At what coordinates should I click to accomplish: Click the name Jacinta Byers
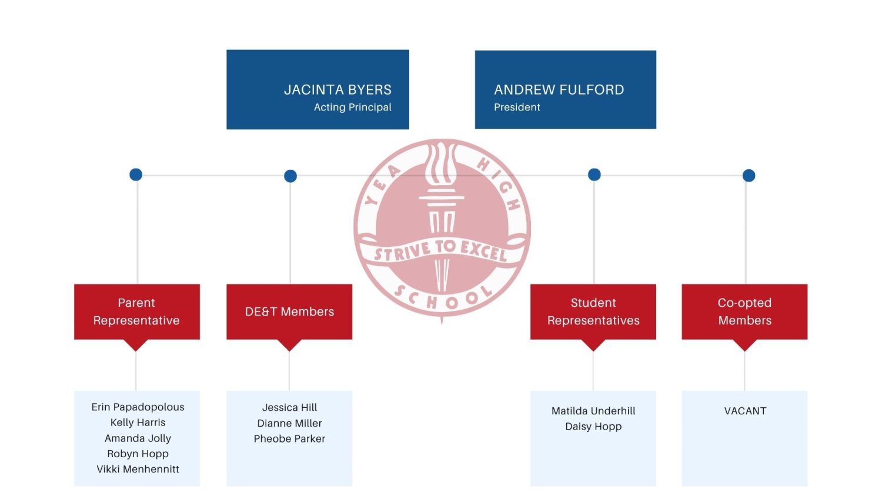tap(338, 90)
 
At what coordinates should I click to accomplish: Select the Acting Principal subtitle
tap(352, 108)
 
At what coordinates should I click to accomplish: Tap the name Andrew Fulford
tap(559, 90)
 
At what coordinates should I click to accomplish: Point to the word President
tap(517, 108)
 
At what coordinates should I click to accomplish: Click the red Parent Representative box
tap(136, 312)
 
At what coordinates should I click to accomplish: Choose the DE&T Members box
tap(289, 312)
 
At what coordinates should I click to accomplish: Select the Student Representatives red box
tap(593, 312)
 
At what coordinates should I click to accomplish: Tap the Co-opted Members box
tap(744, 312)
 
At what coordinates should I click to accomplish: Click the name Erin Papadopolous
tap(138, 407)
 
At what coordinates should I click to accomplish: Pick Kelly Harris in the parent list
tap(138, 423)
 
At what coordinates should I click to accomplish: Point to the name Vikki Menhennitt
tap(138, 469)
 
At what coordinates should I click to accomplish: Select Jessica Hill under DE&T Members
tap(289, 407)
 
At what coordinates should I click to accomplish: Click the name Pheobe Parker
tap(289, 439)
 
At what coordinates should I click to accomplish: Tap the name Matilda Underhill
tap(593, 411)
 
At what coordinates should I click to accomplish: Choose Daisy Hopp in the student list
tap(593, 427)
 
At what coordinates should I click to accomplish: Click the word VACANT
tap(745, 411)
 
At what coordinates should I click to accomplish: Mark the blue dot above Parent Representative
tap(136, 175)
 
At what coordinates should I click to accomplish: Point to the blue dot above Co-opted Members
tap(749, 175)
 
